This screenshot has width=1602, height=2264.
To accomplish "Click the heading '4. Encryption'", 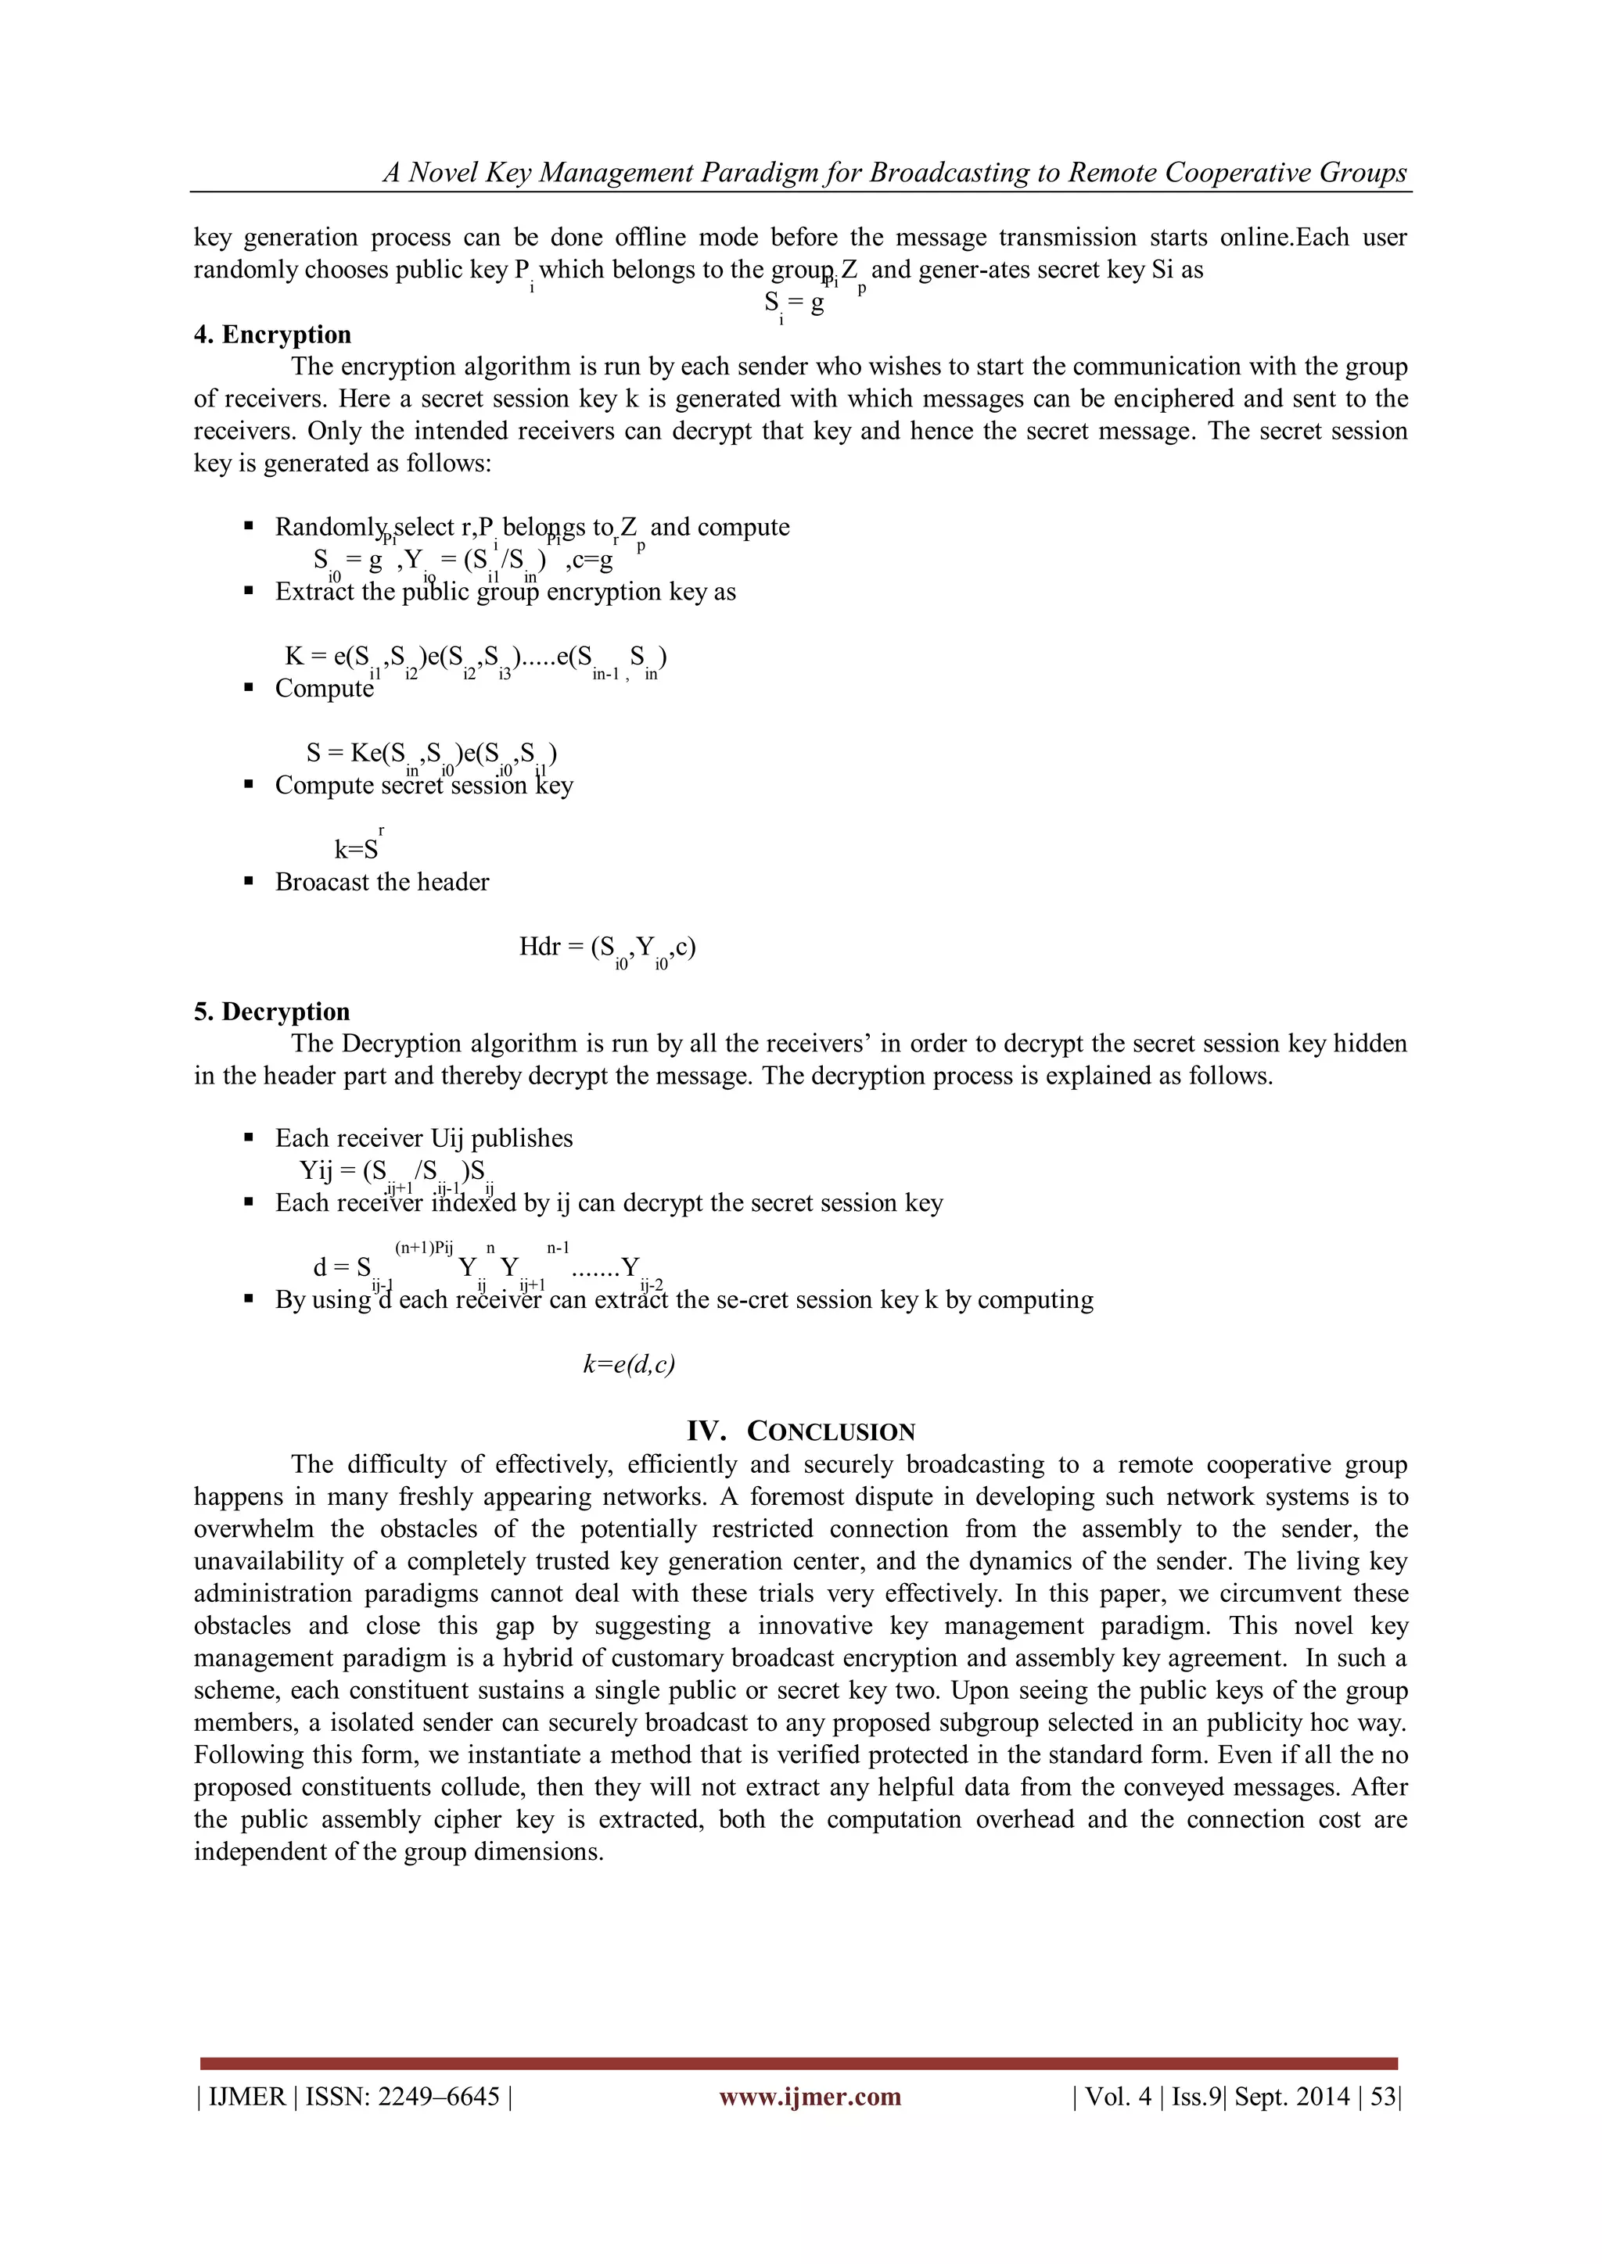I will [x=271, y=335].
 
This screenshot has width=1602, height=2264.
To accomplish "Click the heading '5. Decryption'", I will [x=271, y=1012].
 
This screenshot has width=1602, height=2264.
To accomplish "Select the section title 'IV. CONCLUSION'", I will [x=801, y=1431].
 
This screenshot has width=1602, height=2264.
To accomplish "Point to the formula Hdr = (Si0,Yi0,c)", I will [x=607, y=948].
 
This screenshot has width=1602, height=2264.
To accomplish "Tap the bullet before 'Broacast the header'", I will [x=249, y=882].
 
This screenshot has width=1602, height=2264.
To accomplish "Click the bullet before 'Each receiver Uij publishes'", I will [x=249, y=1138].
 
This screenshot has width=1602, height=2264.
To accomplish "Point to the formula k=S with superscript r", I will [x=357, y=848].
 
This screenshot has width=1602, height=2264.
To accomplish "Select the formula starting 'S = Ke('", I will [x=431, y=755].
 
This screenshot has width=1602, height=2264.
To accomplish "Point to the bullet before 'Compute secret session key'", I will [x=249, y=785].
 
